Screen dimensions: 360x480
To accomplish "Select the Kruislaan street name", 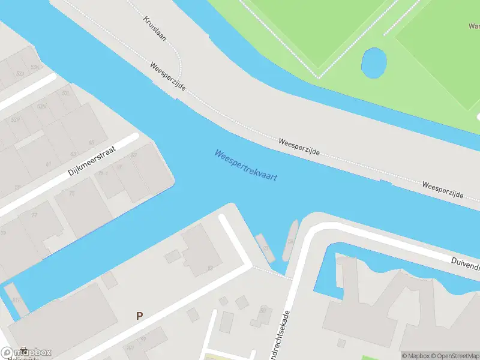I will (154, 28).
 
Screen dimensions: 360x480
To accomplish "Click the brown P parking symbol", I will (139, 316).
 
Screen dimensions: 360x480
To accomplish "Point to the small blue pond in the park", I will (373, 62).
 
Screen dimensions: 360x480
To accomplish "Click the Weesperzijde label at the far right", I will (442, 190).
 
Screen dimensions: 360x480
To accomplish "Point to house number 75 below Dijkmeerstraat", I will (72, 193).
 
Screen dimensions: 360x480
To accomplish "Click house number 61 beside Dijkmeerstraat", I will (49, 163).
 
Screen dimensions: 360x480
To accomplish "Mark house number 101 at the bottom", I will (130, 347).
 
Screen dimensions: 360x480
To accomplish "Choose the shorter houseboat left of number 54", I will (265, 248).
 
